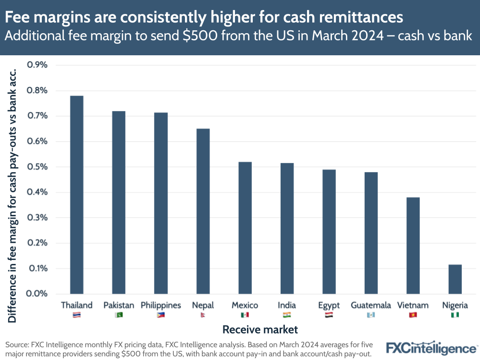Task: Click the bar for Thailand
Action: click(x=76, y=195)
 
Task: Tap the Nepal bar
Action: click(x=203, y=211)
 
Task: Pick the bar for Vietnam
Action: click(x=413, y=245)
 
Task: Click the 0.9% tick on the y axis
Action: click(x=37, y=65)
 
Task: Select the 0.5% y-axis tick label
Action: click(x=37, y=167)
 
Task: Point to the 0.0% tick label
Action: click(x=37, y=294)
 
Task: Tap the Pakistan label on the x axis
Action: click(x=119, y=305)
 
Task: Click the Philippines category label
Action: click(x=160, y=305)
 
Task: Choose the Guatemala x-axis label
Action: click(x=370, y=305)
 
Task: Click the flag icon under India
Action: click(x=287, y=315)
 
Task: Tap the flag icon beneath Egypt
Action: click(x=329, y=315)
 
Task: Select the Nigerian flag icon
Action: click(x=455, y=315)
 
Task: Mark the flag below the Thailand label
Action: click(x=76, y=315)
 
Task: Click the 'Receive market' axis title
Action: click(x=260, y=330)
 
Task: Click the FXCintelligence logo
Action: click(x=431, y=348)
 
